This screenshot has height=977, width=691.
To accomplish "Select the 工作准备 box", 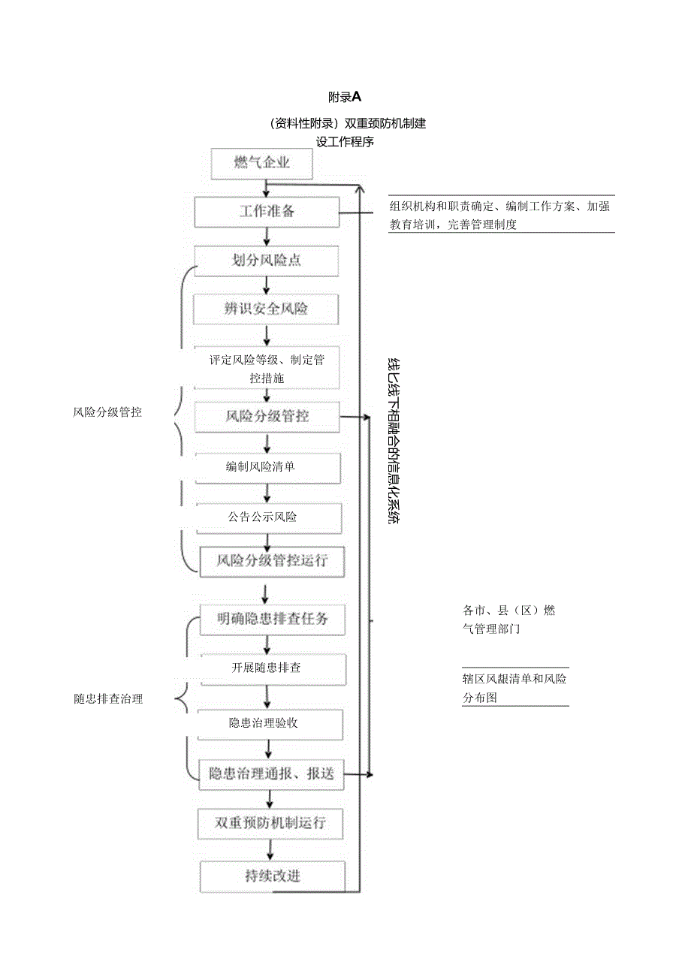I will tap(267, 212).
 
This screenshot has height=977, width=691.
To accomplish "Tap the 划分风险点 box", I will tap(267, 261).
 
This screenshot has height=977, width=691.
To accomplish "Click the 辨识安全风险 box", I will tap(267, 309).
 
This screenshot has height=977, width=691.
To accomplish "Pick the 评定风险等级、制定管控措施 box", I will tap(267, 368).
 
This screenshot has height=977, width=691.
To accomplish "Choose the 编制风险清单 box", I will tap(267, 467).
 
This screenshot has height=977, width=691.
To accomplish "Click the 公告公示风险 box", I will tap(268, 517).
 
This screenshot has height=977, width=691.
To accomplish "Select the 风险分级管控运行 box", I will tap(271, 561).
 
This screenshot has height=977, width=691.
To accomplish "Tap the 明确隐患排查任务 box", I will tap(272, 620).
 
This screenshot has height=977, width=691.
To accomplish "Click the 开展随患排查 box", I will tap(272, 668).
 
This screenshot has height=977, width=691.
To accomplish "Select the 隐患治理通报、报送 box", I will tap(270, 774).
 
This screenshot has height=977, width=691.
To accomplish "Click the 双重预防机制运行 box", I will tap(270, 823).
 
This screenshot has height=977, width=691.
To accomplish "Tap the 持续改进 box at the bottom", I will tap(272, 876).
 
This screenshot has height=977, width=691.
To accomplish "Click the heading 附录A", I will tap(345, 97).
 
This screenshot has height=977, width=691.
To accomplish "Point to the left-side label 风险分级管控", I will tap(107, 412).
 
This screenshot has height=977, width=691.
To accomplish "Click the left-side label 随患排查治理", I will tap(108, 698).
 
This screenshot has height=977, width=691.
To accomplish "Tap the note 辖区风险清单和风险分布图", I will tap(514, 688).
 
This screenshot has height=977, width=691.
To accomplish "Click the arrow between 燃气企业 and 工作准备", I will tap(265, 188).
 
